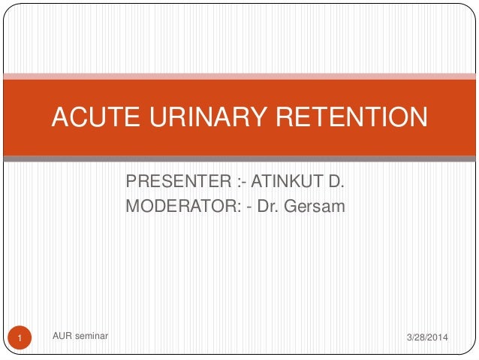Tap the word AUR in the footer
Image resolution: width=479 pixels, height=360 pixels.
[x=64, y=336]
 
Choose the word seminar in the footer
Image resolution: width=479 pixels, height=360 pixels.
[x=92, y=336]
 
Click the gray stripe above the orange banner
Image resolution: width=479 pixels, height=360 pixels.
[x=239, y=75]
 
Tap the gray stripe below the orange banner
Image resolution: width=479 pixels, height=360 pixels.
[x=239, y=159]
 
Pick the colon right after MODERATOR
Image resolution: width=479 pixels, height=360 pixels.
[x=239, y=204]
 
